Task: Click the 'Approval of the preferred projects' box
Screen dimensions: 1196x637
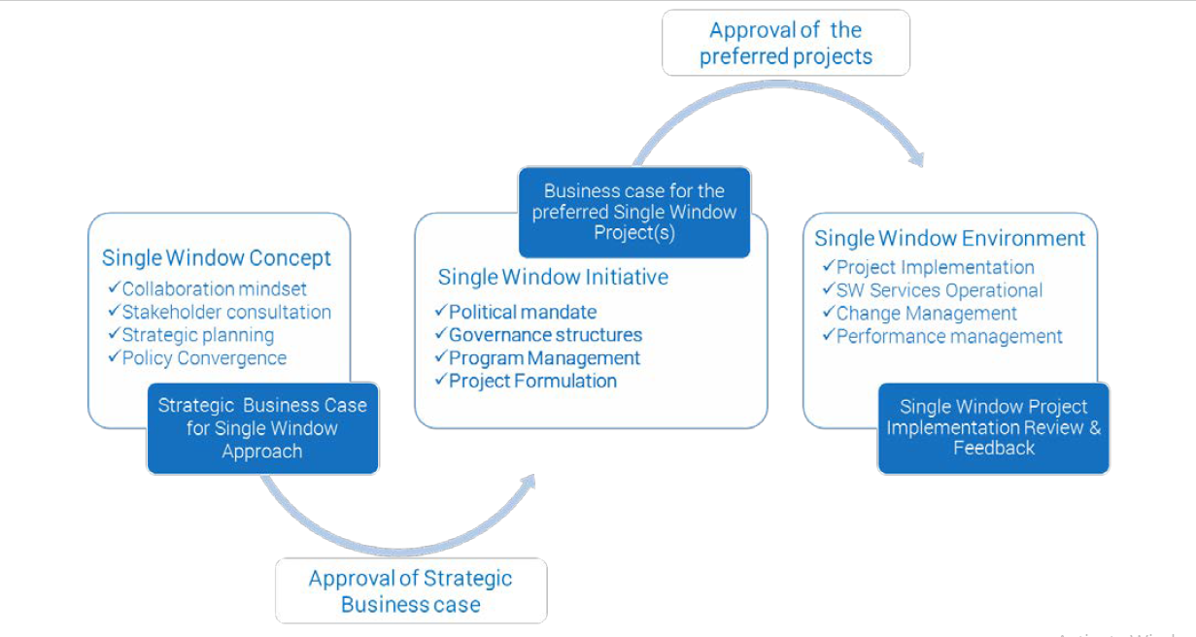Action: coord(786,43)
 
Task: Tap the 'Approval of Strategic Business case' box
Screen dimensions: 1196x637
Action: coord(411,590)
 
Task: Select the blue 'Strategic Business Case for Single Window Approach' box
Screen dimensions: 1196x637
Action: coord(262,428)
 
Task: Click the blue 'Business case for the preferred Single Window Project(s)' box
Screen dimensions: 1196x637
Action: coord(634,212)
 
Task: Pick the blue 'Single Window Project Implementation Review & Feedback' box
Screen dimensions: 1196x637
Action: coord(994,428)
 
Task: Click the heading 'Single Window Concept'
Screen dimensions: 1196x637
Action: coord(217,258)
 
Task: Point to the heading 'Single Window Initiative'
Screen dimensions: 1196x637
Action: coord(553,277)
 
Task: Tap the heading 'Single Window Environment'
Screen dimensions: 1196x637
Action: coord(950,239)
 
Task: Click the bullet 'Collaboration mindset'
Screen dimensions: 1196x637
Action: coord(214,289)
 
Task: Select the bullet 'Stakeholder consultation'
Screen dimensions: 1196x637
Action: coord(226,312)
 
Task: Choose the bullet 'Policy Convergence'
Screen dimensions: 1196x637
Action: coord(204,358)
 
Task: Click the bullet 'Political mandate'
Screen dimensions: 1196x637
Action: coord(523,312)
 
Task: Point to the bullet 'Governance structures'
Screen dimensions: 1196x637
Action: coord(545,335)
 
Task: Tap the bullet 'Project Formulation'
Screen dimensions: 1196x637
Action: coord(532,381)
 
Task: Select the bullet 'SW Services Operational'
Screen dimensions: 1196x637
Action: coord(940,290)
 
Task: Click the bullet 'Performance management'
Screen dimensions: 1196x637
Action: coord(949,337)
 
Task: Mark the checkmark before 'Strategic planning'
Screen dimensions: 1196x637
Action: coord(114,333)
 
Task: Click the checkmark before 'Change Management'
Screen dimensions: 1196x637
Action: coord(828,312)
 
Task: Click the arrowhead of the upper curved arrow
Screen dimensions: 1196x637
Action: coord(917,159)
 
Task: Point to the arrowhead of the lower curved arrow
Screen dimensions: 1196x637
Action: coord(529,482)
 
